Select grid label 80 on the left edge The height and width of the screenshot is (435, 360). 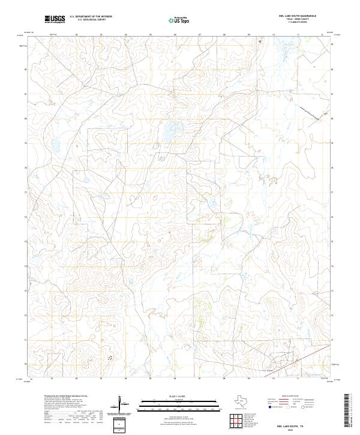tap(25, 119)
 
